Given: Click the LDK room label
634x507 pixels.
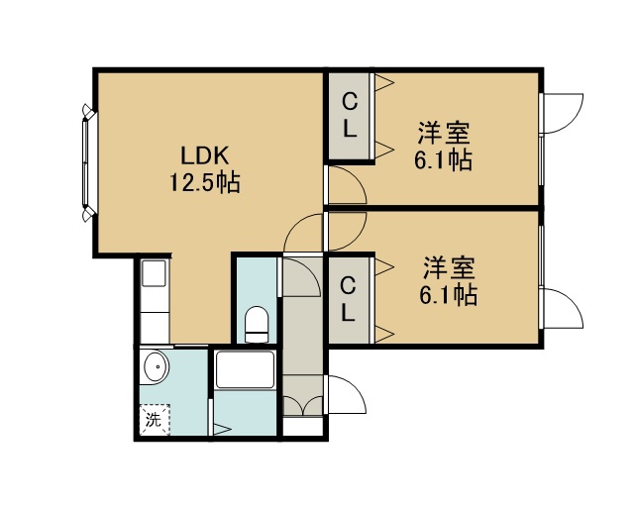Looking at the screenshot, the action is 205,155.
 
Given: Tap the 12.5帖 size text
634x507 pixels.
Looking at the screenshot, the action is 204,182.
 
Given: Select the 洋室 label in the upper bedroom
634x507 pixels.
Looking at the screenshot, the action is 444,133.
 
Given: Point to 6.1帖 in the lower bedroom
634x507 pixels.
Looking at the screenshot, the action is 448,294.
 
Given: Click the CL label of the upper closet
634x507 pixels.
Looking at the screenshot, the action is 350,116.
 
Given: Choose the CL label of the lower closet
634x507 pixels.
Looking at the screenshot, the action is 348,300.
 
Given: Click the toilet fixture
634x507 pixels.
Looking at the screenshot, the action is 257,324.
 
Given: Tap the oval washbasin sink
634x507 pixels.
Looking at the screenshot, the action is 156,367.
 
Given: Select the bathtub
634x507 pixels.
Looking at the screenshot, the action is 245,370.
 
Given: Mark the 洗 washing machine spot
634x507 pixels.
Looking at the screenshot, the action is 155,419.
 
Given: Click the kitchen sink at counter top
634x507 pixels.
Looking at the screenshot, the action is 154,273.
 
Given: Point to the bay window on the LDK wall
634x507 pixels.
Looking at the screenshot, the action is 88,162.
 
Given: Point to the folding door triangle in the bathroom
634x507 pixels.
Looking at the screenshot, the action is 222,429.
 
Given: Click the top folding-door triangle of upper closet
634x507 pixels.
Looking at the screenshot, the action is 383,82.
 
